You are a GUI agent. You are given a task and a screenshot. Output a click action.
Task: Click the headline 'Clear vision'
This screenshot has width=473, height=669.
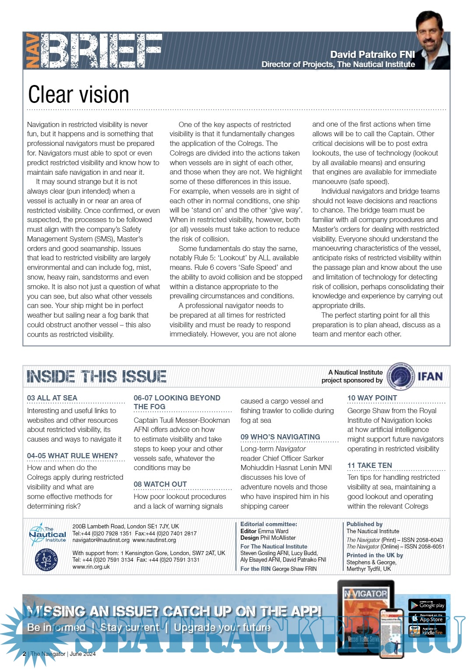(x=78, y=95)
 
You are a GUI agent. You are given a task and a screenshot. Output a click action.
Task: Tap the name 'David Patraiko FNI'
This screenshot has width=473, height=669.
(x=372, y=54)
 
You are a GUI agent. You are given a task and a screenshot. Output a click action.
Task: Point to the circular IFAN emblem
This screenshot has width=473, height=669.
(x=402, y=376)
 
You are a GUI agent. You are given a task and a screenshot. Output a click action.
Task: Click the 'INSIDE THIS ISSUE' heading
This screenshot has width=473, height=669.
(x=96, y=376)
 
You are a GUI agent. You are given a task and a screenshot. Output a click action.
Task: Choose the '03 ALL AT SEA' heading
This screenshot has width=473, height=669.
(x=52, y=398)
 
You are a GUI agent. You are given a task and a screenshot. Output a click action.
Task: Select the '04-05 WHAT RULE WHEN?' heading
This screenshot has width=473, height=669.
(x=72, y=456)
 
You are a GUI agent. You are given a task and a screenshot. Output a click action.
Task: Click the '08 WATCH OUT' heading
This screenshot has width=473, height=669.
(x=160, y=484)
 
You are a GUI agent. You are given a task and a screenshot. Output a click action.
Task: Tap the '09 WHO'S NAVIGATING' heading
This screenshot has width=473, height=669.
(x=280, y=437)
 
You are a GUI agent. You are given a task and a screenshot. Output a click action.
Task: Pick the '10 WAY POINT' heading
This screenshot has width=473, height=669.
(x=372, y=398)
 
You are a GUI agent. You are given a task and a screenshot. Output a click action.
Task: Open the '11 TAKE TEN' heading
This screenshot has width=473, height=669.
(x=369, y=465)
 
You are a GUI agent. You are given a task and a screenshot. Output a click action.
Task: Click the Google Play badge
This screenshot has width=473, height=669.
(x=427, y=605)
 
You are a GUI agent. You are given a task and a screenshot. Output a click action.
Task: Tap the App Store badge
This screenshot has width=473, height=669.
(x=427, y=618)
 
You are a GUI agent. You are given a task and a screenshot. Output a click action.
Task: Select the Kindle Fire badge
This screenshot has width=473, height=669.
(x=427, y=631)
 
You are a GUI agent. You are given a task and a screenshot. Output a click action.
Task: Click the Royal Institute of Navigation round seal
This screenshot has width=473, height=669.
(x=46, y=560)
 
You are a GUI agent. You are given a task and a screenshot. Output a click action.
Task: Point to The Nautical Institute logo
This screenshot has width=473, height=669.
(x=47, y=534)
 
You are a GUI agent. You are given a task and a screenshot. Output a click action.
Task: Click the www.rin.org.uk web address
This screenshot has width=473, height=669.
(x=91, y=566)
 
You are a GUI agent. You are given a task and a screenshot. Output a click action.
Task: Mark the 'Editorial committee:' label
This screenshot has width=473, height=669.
(x=268, y=524)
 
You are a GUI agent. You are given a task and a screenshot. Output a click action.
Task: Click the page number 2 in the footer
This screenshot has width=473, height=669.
(x=24, y=654)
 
